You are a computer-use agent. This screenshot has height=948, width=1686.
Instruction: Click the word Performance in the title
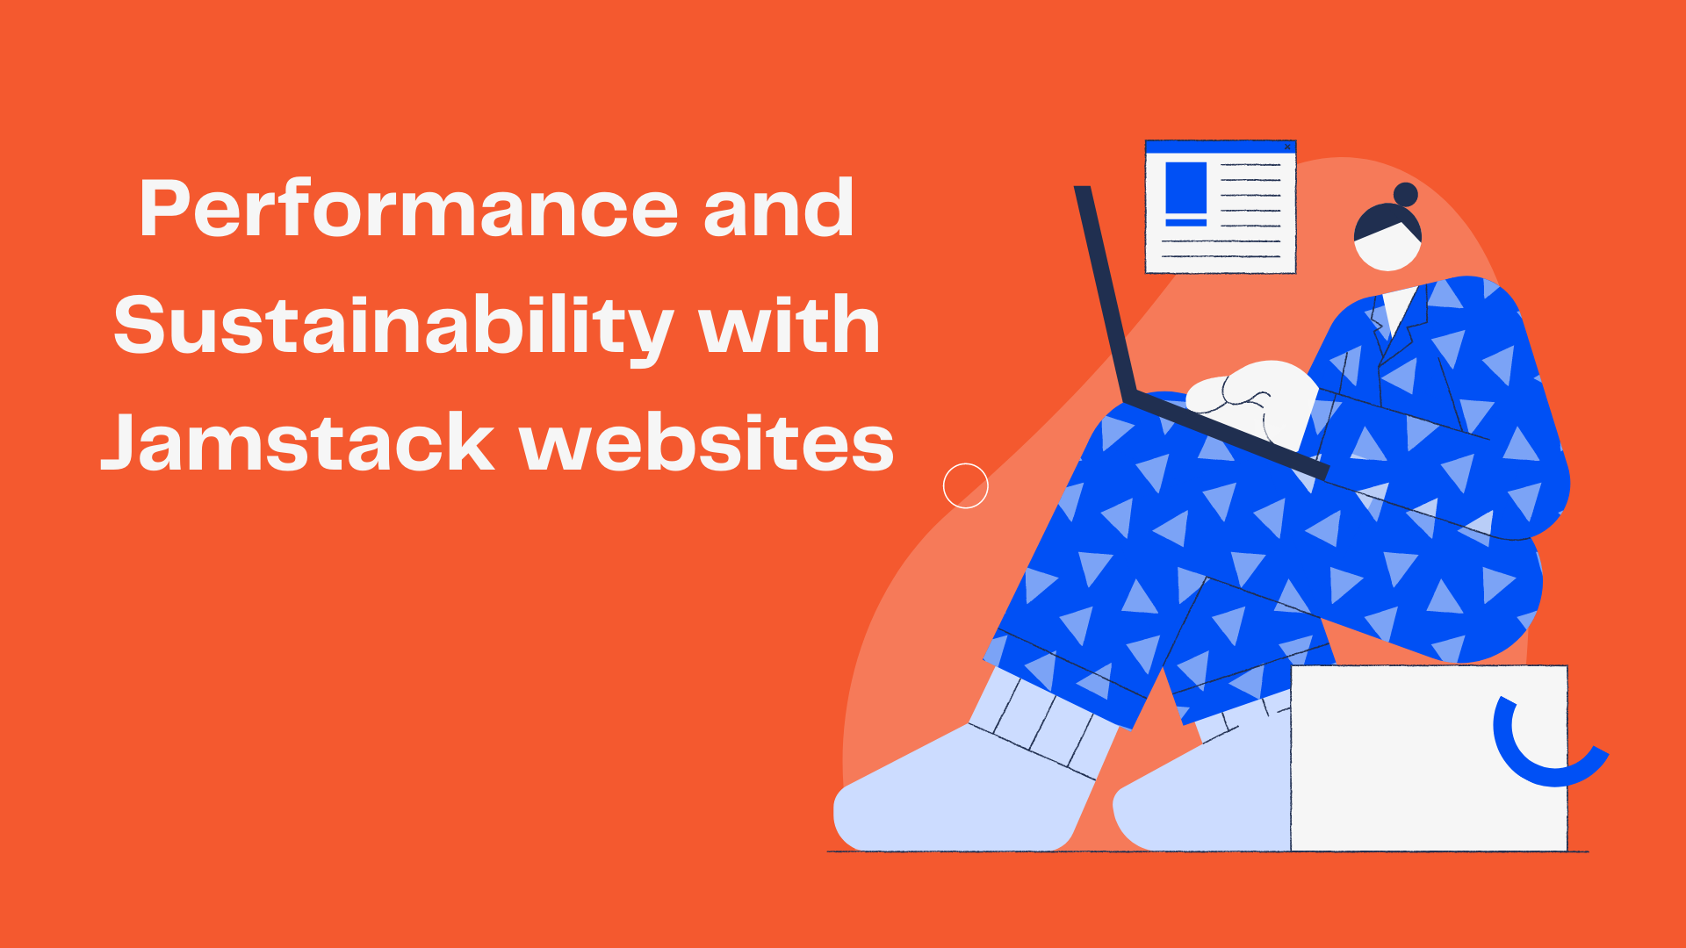408,209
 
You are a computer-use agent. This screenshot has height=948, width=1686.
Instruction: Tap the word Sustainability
393,327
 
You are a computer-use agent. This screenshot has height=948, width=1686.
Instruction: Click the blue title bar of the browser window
1221,147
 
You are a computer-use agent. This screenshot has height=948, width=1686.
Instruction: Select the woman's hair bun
1406,194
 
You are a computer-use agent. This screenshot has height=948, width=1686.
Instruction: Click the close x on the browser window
1287,147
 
